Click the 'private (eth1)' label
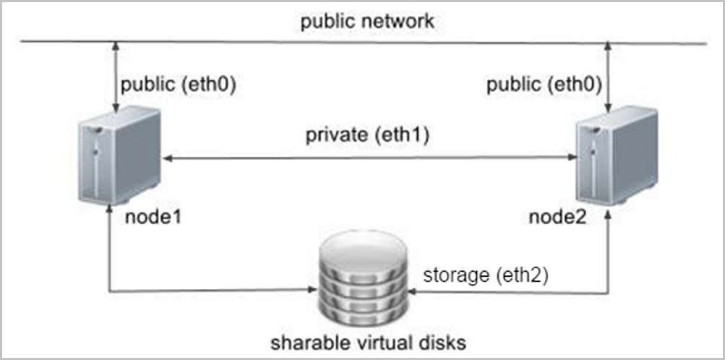point(367,134)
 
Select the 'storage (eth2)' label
point(476,275)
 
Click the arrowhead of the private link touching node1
point(166,158)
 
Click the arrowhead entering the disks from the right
point(411,293)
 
